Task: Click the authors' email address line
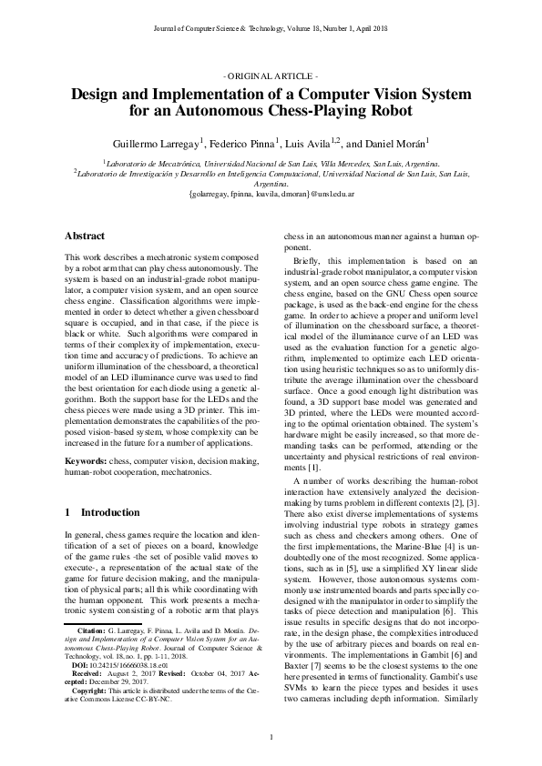point(271,194)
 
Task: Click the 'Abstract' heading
point(85,236)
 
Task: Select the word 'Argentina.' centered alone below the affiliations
point(271,182)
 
